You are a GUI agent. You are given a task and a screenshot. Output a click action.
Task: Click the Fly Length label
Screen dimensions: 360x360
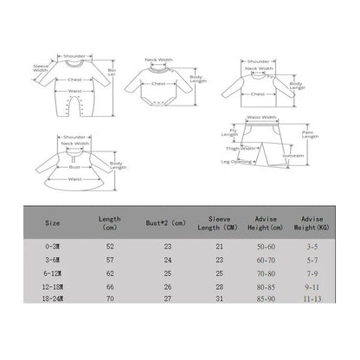[228, 131]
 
